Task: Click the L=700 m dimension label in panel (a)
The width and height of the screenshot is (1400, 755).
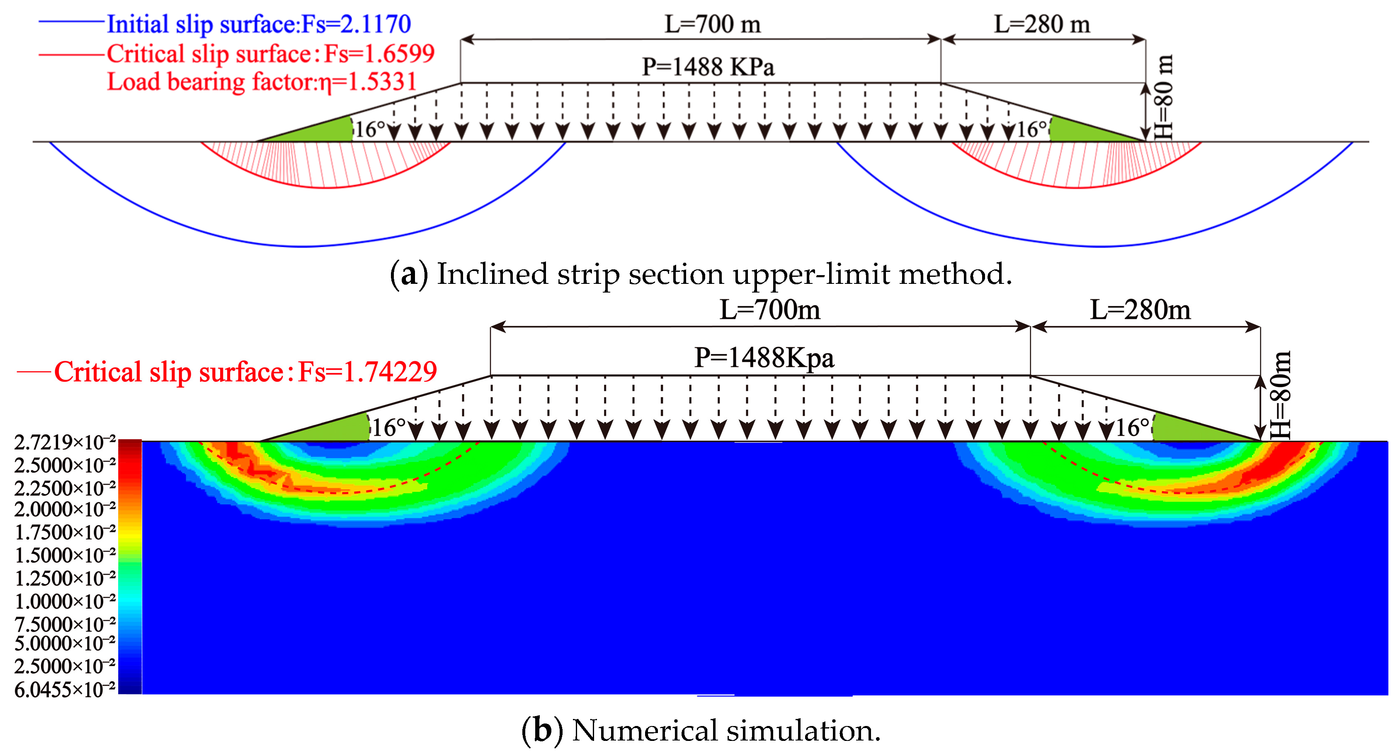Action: [713, 24]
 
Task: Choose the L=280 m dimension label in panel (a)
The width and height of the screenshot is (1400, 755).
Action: [1042, 24]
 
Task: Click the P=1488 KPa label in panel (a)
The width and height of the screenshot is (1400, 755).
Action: [708, 67]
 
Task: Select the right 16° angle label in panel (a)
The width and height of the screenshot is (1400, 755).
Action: [1031, 130]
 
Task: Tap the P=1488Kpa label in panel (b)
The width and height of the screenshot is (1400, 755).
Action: [764, 358]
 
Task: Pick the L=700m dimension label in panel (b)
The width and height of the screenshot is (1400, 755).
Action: [769, 310]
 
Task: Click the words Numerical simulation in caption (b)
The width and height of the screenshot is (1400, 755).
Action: [725, 731]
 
